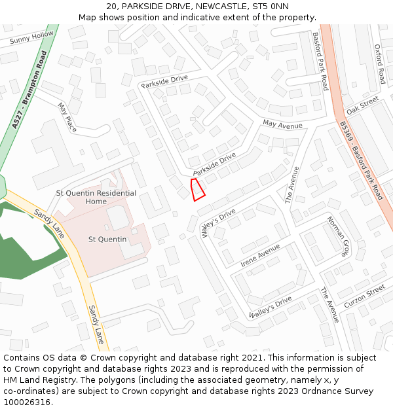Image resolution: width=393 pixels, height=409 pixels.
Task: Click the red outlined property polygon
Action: pos(197,189)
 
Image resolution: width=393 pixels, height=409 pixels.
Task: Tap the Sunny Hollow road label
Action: pos(31,38)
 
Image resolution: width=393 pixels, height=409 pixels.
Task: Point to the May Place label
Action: pos(67,117)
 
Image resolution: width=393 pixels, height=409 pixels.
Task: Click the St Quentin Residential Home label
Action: pos(96,197)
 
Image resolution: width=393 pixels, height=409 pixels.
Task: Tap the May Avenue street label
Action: pos(282,124)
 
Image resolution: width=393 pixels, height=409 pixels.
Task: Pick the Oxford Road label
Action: pos(379,63)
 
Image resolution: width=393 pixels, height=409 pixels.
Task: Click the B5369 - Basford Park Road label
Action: pos(361,160)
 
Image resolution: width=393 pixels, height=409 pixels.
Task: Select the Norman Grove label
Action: pos(338,236)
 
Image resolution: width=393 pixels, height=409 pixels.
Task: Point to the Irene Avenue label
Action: pos(260,255)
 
